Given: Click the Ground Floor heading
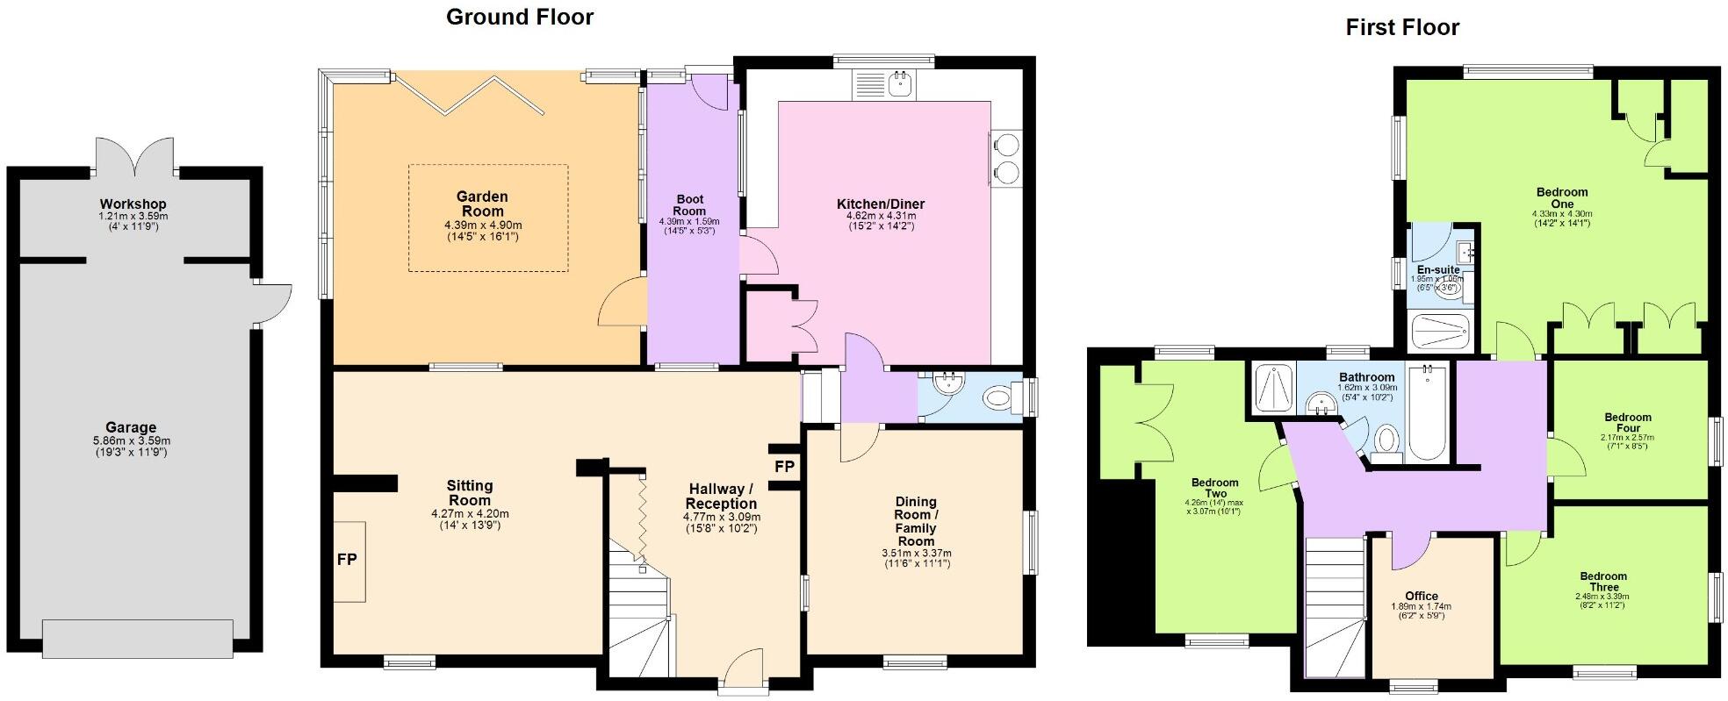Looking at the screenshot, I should [520, 17].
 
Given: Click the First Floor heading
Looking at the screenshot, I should [1402, 27].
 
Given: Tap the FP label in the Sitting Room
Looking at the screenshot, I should [347, 559].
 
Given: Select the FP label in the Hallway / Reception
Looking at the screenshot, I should [784, 467].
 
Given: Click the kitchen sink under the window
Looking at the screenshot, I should [901, 84].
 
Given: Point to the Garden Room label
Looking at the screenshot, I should [482, 204].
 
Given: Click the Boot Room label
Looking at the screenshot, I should [689, 205].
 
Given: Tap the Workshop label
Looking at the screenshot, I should [133, 204].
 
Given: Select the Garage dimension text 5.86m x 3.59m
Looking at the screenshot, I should [132, 441].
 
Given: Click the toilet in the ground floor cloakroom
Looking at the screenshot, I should [1001, 400].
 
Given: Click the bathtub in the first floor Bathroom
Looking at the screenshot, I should [1428, 413].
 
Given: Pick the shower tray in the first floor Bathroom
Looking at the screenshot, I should [1271, 389].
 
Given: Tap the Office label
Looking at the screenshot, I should [1421, 596].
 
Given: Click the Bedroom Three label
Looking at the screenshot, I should [1603, 582].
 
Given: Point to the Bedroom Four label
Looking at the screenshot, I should [1627, 423].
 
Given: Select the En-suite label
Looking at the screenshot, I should [1438, 269].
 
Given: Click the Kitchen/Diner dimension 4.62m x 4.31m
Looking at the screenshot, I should [881, 216].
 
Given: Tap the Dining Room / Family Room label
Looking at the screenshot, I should [916, 521].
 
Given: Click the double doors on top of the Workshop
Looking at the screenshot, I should [134, 156].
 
